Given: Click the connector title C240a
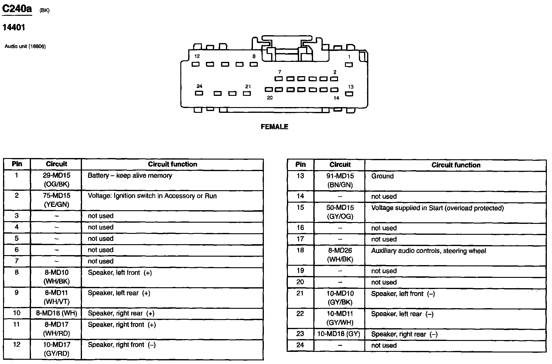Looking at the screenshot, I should [x=17, y=9].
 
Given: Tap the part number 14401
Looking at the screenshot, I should [x=14, y=28].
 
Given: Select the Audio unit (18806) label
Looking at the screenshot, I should [x=25, y=46].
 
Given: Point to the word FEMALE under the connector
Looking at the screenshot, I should [x=274, y=127].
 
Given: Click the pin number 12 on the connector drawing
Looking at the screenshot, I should [x=197, y=56].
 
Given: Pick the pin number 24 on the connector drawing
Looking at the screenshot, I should [x=199, y=86].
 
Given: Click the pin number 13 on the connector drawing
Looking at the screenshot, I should [x=351, y=87].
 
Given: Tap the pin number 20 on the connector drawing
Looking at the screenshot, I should [x=270, y=98].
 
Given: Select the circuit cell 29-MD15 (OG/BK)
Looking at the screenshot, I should [x=56, y=180].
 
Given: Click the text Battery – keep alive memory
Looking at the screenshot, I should [x=130, y=176].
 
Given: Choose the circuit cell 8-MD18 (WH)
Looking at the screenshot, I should [x=56, y=313].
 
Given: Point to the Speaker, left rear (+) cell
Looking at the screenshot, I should [x=119, y=293].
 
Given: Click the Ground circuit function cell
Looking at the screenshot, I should [x=382, y=176].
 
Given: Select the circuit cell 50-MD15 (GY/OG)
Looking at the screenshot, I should [x=340, y=212].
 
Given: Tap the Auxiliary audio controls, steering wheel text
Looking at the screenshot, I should [x=428, y=251].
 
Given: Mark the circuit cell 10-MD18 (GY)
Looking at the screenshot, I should [x=339, y=334].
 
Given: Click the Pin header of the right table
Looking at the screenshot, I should [x=301, y=164].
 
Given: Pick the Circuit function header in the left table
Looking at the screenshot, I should [x=172, y=164].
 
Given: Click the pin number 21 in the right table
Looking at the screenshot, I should [x=300, y=293].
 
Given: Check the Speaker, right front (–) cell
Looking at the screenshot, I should [x=121, y=345].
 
